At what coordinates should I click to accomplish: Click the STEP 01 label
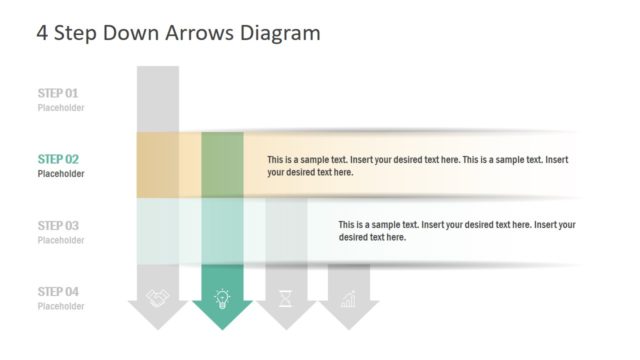57,93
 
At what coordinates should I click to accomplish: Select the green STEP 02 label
57,159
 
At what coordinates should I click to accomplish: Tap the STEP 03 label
57,226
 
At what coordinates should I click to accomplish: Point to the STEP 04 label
57,292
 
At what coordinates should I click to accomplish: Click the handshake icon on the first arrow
158,297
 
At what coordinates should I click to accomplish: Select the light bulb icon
222,297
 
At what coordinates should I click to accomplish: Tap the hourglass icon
286,297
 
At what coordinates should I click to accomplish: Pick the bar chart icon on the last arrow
349,297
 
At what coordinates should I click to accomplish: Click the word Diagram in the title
280,33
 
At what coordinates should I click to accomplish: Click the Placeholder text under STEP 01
61,108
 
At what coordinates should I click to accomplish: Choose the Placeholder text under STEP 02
61,174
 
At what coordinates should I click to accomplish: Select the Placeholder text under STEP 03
61,240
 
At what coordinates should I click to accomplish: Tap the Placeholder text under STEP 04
61,306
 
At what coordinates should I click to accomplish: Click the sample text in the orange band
418,166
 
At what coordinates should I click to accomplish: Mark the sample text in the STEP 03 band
456,231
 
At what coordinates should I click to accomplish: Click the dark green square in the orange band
222,164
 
